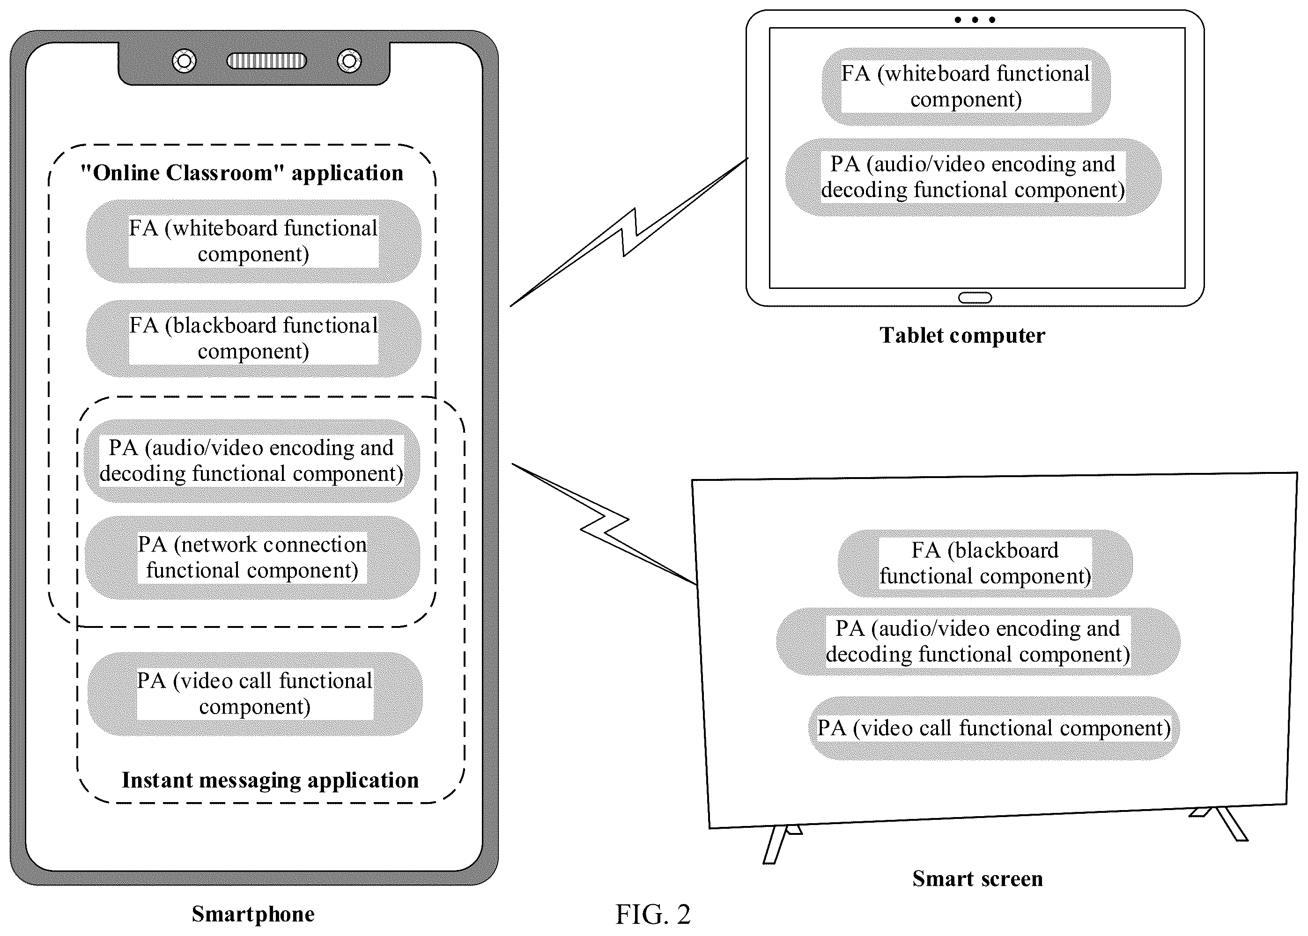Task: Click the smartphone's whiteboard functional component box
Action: [254, 241]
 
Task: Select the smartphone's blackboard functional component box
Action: [254, 339]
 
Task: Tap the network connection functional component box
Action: [252, 557]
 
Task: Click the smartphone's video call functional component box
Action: [255, 693]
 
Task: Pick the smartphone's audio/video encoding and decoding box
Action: [251, 460]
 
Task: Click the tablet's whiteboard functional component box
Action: [966, 87]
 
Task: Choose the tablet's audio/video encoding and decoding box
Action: [973, 177]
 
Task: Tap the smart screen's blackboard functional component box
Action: [985, 563]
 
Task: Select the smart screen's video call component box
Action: [994, 728]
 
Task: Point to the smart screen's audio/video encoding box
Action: [978, 641]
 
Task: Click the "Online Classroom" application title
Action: [242, 173]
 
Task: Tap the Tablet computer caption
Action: [962, 335]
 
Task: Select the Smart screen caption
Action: [978, 878]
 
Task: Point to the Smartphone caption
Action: [253, 914]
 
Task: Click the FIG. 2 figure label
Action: [653, 914]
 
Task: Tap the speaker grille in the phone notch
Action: [266, 60]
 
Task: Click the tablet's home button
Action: [975, 298]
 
